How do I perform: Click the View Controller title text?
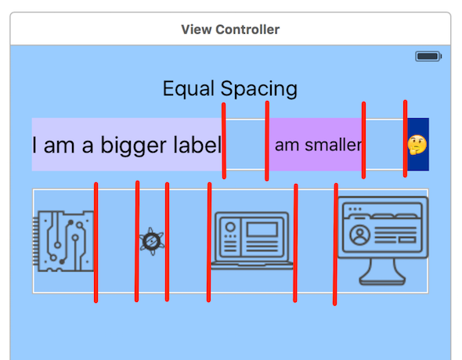230,30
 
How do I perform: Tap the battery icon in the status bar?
428,56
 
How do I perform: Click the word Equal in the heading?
189,88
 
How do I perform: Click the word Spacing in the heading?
258,88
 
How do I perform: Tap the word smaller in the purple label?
333,145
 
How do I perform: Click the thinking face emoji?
417,144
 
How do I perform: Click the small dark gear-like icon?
152,241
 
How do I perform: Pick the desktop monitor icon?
383,240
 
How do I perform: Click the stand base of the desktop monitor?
383,279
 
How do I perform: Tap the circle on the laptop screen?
229,229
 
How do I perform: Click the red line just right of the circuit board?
96,243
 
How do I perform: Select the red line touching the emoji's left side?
405,139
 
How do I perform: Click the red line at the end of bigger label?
225,141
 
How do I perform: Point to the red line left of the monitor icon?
335,244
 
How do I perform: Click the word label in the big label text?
197,146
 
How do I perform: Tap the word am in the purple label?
287,145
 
